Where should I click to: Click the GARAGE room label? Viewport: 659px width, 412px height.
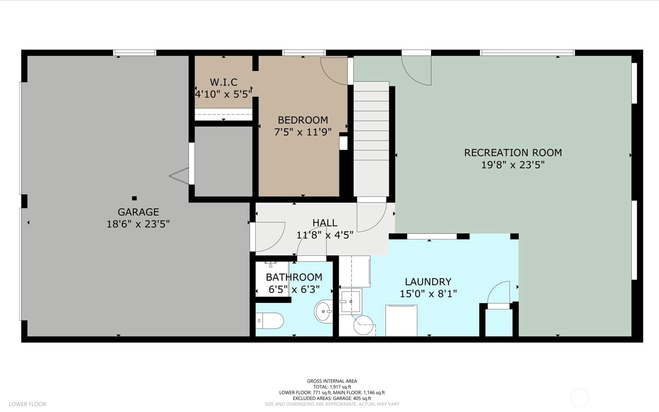coord(138,212)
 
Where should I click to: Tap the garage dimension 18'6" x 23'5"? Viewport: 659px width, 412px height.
coord(138,224)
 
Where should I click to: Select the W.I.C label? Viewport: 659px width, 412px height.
coord(224,82)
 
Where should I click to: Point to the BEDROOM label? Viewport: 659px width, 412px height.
coord(303,120)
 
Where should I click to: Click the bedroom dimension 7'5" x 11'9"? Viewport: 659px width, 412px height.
coord(303,132)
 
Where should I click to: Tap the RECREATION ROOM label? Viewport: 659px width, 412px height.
coord(513,152)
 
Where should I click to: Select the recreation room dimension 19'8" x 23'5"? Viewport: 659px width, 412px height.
coord(513,165)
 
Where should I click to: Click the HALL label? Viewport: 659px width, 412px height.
coord(325,223)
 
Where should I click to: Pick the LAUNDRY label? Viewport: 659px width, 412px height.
coord(428,281)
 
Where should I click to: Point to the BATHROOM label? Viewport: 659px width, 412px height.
coord(294,277)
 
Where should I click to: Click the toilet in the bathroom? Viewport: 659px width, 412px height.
coord(270,321)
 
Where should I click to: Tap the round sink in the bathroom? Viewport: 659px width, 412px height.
coord(324,311)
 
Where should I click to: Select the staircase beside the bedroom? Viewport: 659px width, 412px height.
coord(371,139)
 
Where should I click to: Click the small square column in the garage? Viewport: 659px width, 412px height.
coord(134,198)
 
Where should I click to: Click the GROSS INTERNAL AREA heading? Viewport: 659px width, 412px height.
coord(332,381)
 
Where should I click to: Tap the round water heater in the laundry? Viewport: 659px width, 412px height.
coord(363,325)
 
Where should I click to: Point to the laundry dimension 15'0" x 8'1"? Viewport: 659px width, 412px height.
coord(428,293)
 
